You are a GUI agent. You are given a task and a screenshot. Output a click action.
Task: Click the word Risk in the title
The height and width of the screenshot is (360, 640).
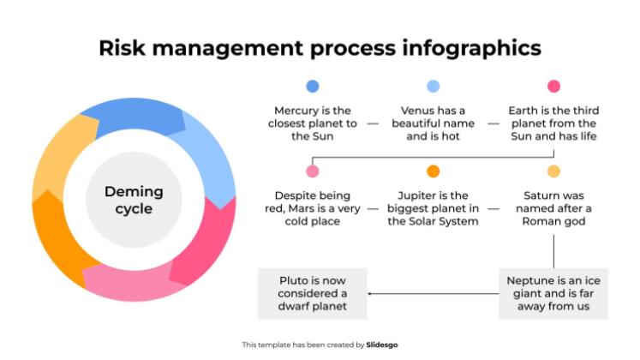[x=122, y=48]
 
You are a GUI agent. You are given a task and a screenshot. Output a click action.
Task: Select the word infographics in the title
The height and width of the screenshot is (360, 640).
[x=471, y=49]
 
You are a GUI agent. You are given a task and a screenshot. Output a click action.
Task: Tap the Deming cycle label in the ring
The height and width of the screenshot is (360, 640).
[x=134, y=200]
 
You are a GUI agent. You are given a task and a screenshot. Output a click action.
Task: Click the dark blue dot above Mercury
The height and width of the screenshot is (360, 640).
[x=313, y=86]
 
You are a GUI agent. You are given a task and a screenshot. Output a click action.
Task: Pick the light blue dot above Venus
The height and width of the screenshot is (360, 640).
[x=433, y=86]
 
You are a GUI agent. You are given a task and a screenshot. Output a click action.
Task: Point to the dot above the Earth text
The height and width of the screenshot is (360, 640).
[x=553, y=86]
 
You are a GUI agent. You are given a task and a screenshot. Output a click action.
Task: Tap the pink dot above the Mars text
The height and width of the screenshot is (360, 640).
[x=313, y=171]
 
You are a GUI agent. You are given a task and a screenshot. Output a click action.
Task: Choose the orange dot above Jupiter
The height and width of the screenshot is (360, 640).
[x=433, y=171]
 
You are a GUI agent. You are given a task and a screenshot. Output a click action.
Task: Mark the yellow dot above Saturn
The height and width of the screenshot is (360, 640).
[x=553, y=171]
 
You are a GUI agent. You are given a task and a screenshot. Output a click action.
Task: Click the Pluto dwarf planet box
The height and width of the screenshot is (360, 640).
[x=313, y=293]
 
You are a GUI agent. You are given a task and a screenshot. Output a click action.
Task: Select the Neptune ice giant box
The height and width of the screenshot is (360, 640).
[x=553, y=293]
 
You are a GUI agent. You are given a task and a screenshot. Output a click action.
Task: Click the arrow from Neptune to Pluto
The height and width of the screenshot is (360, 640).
[x=433, y=293]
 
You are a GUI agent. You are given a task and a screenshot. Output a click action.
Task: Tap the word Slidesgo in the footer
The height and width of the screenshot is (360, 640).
[x=381, y=345]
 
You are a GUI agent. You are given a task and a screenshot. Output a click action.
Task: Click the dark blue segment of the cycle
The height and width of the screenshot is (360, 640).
[x=135, y=115]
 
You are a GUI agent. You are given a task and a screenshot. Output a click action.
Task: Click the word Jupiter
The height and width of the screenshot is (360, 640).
[x=413, y=196]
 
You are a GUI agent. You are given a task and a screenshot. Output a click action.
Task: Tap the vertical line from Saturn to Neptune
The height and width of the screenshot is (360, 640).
[x=553, y=251]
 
